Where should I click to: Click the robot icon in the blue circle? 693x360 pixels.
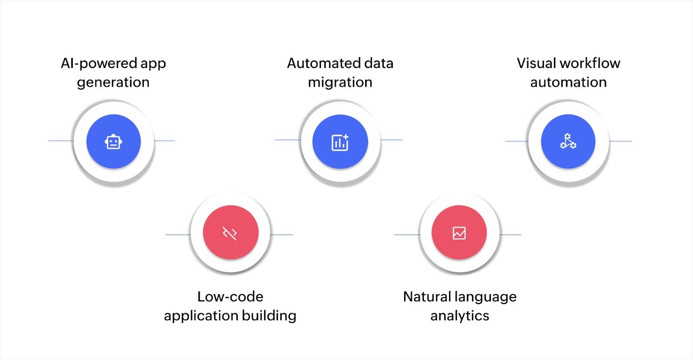(x=113, y=142)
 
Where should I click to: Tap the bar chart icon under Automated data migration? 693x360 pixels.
(x=340, y=142)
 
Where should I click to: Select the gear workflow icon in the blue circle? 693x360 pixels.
(x=568, y=142)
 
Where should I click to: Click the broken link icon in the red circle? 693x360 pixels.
(x=230, y=233)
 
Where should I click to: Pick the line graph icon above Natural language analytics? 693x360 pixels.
(x=459, y=233)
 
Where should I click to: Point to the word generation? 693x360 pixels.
(x=113, y=83)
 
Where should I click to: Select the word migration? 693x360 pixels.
(x=340, y=82)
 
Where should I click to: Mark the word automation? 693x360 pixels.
(x=568, y=82)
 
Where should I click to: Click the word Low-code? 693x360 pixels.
(x=230, y=297)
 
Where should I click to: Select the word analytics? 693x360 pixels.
(x=460, y=316)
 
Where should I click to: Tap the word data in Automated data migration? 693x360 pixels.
(x=379, y=63)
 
